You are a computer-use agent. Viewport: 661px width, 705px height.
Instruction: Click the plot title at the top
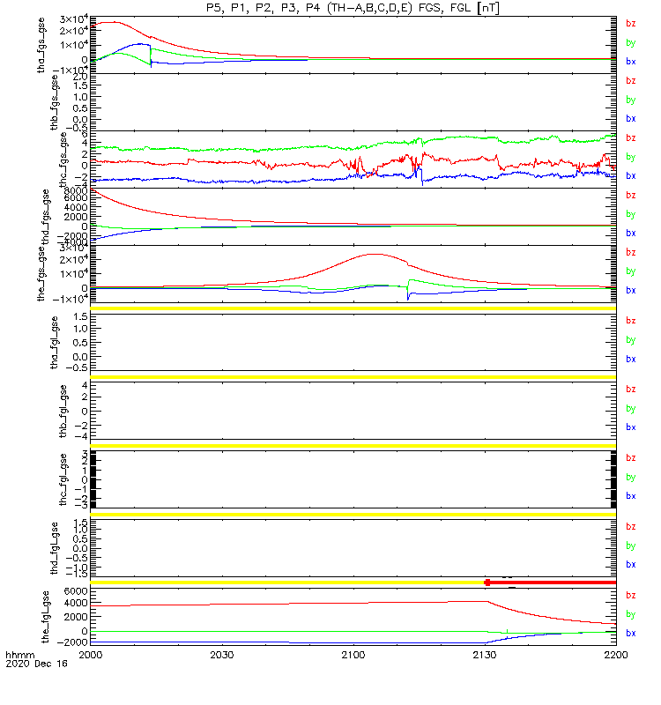353,8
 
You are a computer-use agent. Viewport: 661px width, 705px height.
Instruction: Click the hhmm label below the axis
19,657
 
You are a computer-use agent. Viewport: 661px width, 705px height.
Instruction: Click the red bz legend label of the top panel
630,23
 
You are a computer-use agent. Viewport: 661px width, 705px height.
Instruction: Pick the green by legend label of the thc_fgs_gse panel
630,157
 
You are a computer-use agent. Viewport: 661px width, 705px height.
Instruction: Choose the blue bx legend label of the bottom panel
630,633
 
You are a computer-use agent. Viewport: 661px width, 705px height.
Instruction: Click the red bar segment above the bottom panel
551,583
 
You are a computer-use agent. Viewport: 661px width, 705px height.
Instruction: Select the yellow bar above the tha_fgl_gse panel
353,308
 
